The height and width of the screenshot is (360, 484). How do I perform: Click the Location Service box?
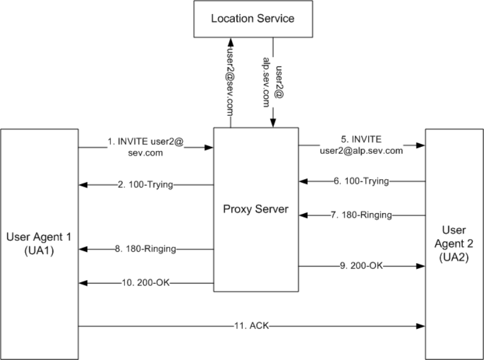(253, 19)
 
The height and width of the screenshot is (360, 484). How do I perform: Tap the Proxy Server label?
(256, 208)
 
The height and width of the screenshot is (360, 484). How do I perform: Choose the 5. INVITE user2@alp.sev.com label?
(361, 144)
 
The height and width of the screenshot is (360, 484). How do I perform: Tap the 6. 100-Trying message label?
(361, 181)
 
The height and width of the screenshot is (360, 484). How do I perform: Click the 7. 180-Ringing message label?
(361, 215)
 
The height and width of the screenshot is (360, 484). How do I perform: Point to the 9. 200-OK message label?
(361, 266)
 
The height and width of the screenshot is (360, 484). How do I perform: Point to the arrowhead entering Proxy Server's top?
(273, 123)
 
